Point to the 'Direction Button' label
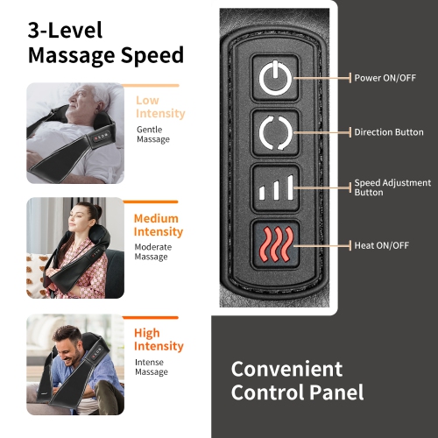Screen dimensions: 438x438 [x=389, y=132]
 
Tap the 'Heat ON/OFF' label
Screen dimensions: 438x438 [x=381, y=245]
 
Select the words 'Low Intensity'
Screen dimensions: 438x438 [x=159, y=107]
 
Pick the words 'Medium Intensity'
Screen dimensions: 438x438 [x=159, y=225]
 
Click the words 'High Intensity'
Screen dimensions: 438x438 [x=159, y=340]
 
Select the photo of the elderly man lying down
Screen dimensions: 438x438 [x=75, y=132]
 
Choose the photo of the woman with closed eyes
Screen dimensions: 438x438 [x=75, y=248]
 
